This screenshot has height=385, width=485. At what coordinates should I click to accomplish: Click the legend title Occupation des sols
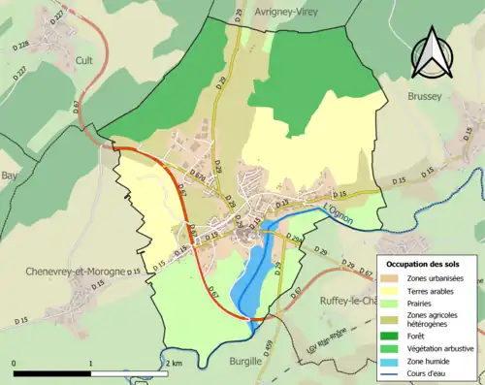pyautogui.click(x=426, y=264)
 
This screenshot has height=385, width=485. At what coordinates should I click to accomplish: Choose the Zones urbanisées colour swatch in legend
pyautogui.click(x=392, y=279)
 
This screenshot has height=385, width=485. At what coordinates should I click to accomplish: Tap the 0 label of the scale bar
pyautogui.click(x=14, y=363)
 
